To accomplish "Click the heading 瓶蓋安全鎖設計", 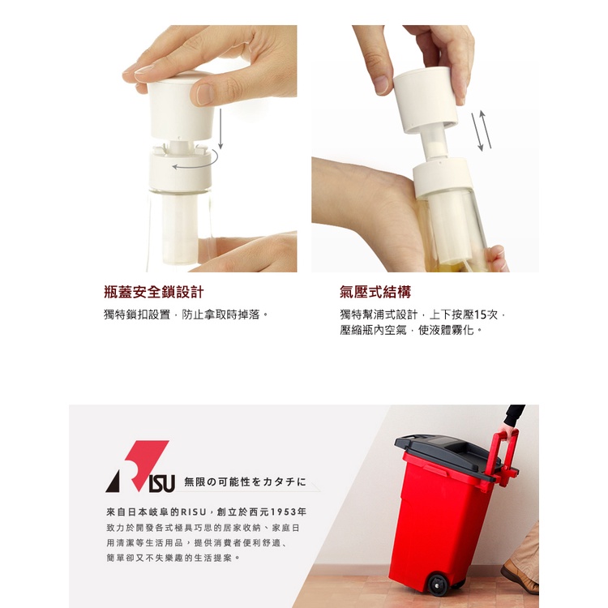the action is click(x=153, y=292).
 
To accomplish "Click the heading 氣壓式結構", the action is click(x=375, y=292).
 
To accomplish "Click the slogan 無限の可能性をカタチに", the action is click(x=245, y=482).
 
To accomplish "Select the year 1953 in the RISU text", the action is click(x=284, y=512).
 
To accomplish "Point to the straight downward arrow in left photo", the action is click(x=221, y=129).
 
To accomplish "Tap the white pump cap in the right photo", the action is click(x=426, y=99).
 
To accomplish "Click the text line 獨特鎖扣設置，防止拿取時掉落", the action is click(x=186, y=314).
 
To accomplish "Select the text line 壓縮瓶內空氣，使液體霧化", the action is click(x=411, y=330).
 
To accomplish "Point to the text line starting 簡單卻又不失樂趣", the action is click(x=173, y=558).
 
